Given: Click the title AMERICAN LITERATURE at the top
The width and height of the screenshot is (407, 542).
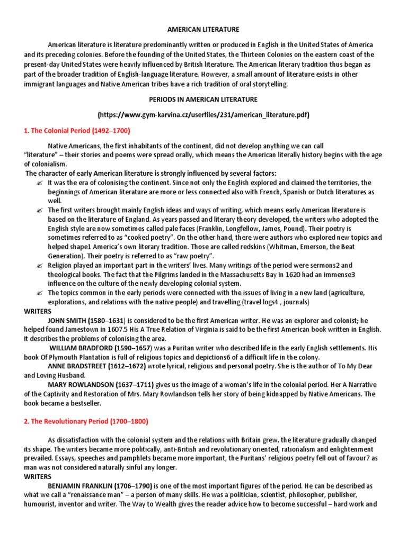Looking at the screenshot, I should [203, 30].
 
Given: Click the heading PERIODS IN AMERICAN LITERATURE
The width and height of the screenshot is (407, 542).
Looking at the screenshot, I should [203, 100].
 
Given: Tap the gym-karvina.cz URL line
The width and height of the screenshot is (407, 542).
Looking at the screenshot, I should [203, 115].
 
